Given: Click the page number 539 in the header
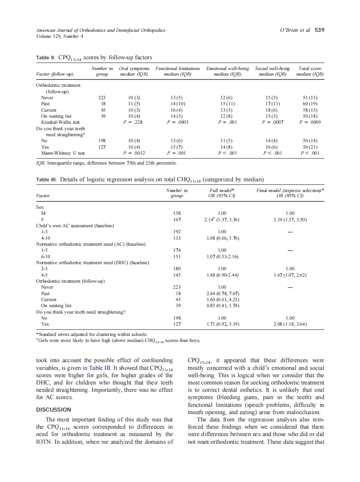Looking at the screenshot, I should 319,30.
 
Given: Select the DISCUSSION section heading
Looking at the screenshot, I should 54,410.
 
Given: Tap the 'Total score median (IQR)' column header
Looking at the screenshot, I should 310,71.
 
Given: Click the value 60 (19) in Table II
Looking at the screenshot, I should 310,104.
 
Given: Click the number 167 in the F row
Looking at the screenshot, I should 177,220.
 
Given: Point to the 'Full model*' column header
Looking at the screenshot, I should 222,190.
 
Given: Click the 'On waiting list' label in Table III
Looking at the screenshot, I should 56,305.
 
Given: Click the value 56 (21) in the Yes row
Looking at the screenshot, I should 310,146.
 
